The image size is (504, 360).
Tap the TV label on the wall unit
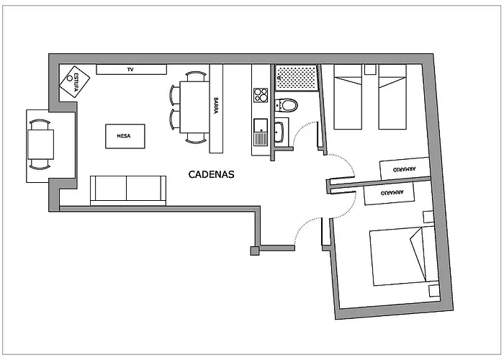click(x=131, y=69)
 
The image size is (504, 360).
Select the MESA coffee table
click(x=125, y=135)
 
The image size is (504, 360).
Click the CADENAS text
click(x=211, y=174)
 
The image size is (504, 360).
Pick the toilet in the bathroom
click(x=288, y=105)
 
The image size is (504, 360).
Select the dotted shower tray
click(x=296, y=78)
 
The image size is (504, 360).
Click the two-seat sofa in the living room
click(x=127, y=190)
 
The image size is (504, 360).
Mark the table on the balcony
click(x=40, y=143)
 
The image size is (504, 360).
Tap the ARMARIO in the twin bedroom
click(x=404, y=168)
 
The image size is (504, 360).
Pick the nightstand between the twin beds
click(x=370, y=70)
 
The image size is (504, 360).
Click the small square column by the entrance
click(x=254, y=251)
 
